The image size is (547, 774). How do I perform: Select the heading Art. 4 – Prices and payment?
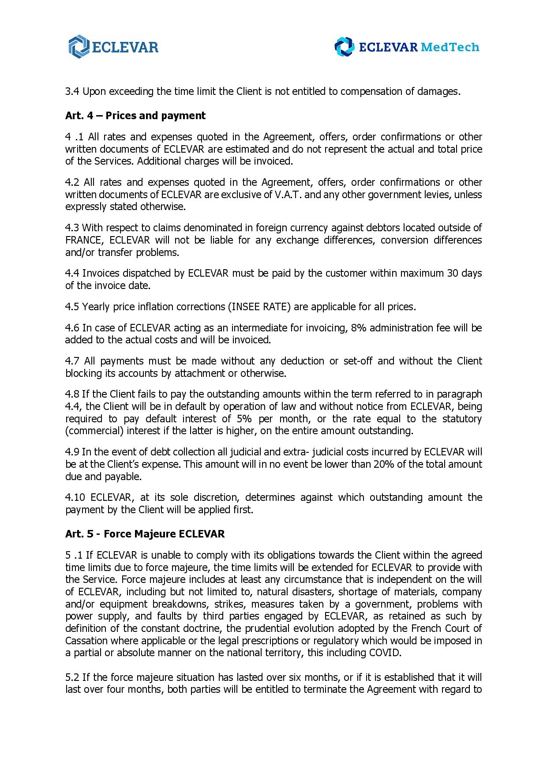pos(135,116)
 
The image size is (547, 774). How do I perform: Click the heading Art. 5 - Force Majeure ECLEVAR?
pos(145,534)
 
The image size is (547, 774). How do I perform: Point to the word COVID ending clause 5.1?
pos(385,653)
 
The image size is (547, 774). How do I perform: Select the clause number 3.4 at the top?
pos(72,92)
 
